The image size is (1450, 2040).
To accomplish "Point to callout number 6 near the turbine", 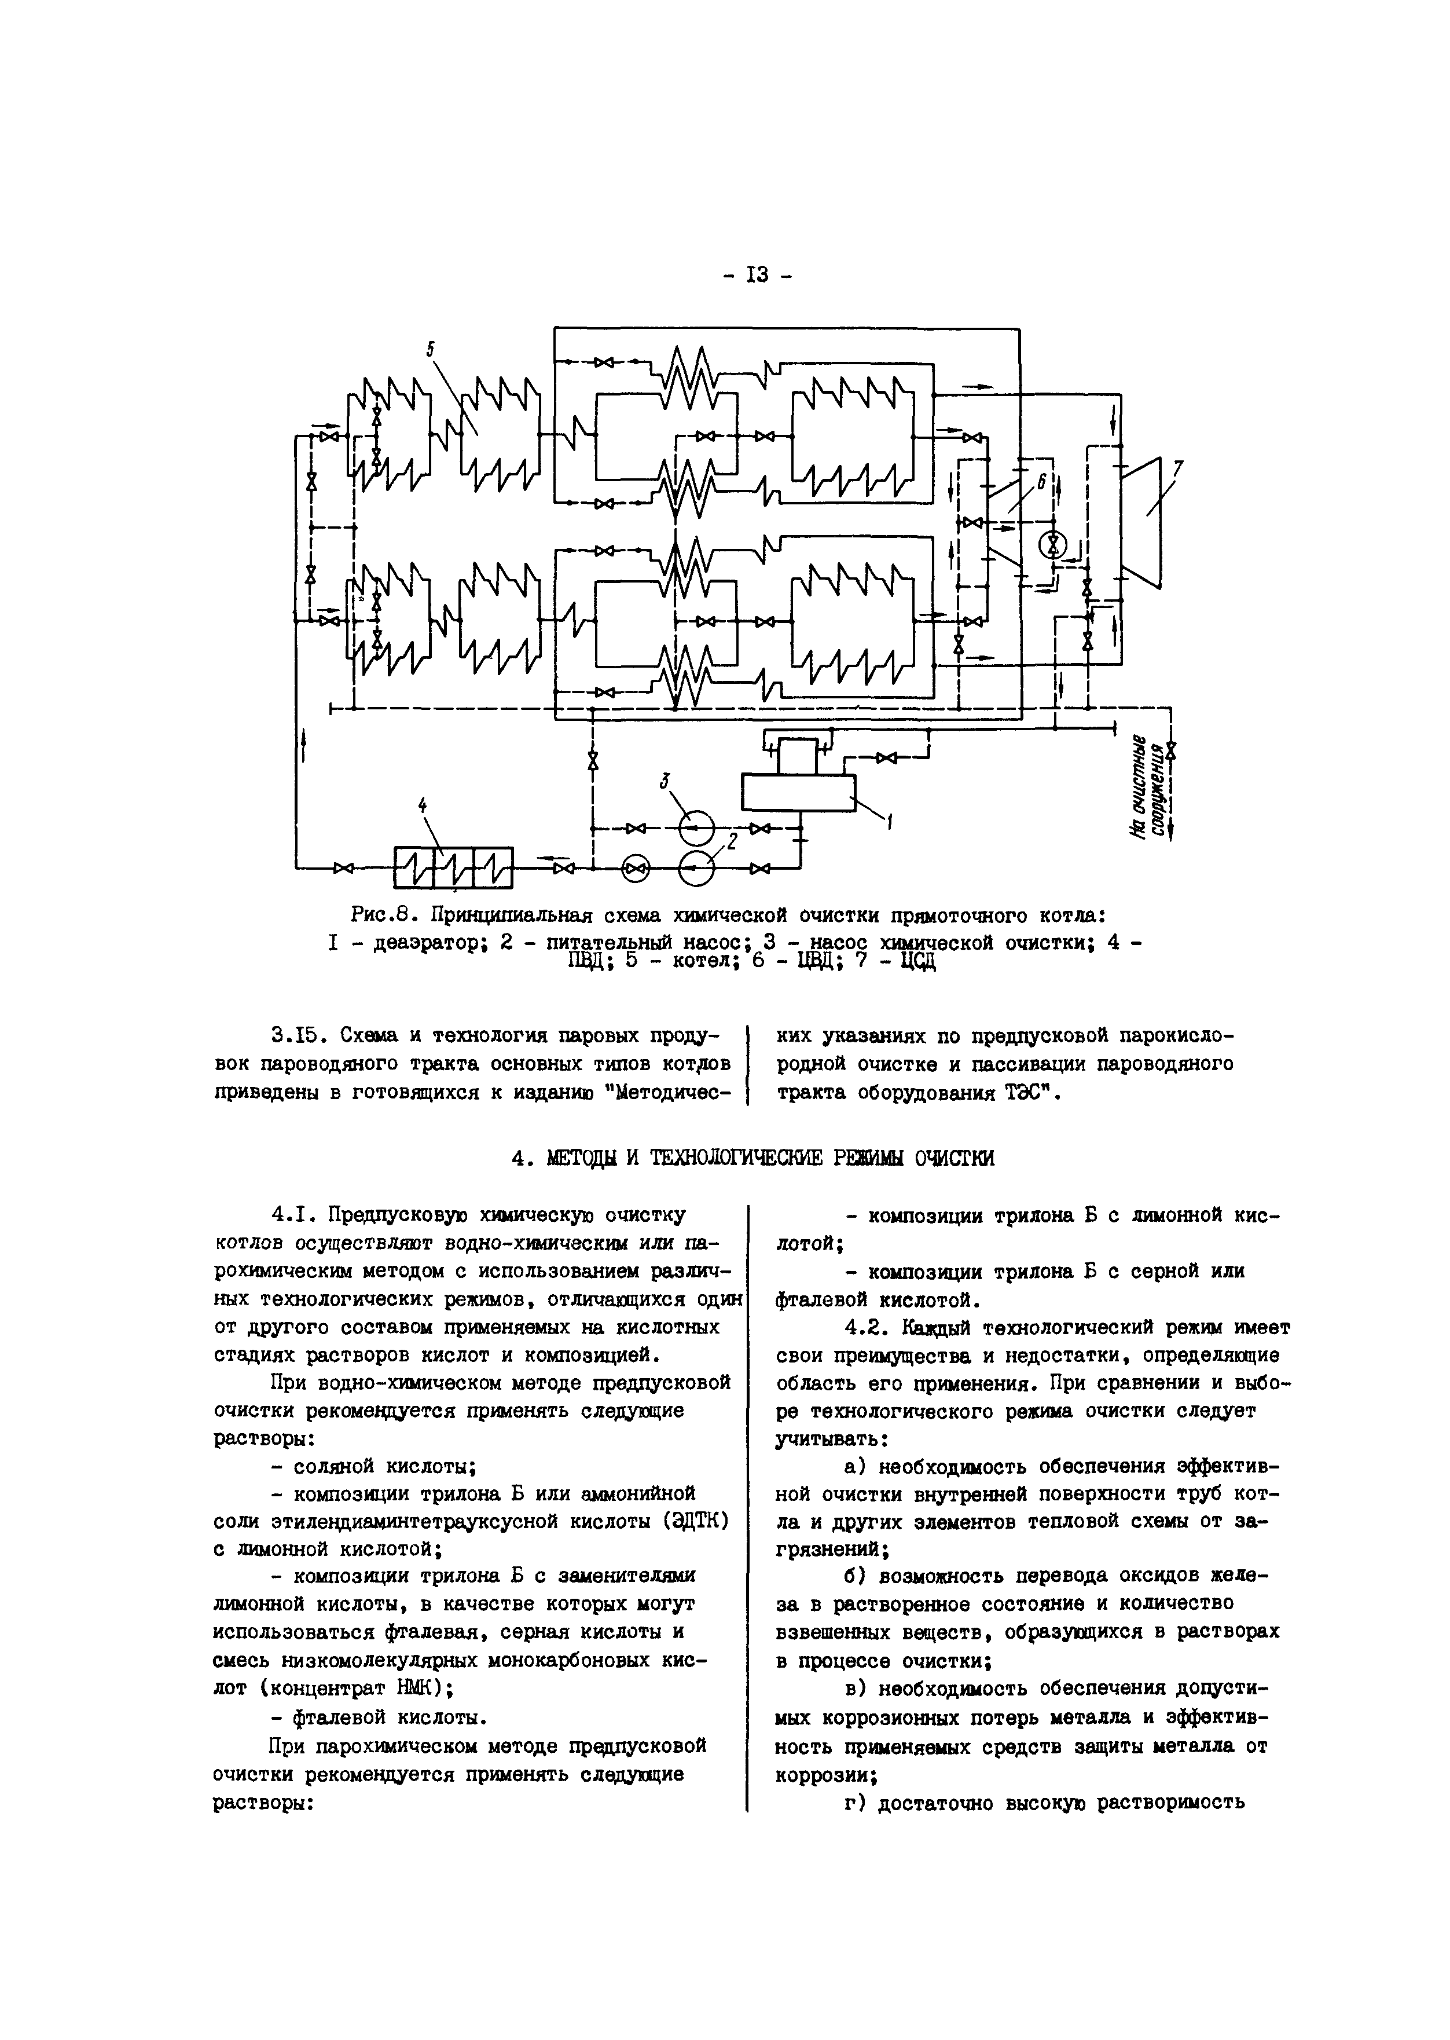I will tap(1041, 482).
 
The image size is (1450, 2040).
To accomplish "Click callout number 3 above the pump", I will tap(665, 780).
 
